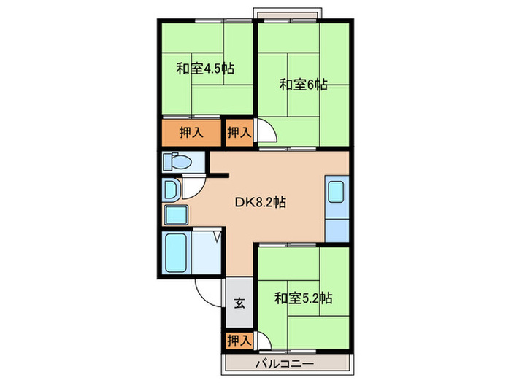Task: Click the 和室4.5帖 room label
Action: pyautogui.click(x=205, y=69)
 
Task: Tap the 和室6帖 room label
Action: pyautogui.click(x=303, y=85)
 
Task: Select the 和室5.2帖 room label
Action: pyautogui.click(x=304, y=298)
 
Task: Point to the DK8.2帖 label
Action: pyautogui.click(x=259, y=203)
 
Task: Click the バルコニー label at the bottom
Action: pyautogui.click(x=284, y=363)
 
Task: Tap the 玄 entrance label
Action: pyautogui.click(x=239, y=303)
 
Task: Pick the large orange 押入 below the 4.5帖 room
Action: pyautogui.click(x=191, y=133)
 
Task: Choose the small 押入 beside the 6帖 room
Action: pyautogui.click(x=239, y=133)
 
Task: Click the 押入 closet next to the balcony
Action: pyautogui.click(x=239, y=340)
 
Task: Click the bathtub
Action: pyautogui.click(x=177, y=252)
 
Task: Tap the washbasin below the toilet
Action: pyautogui.click(x=170, y=190)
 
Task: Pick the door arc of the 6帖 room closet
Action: pyautogui.click(x=266, y=133)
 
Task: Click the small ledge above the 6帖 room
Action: pyautogui.click(x=286, y=12)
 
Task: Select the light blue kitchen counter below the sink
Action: pyautogui.click(x=337, y=226)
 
